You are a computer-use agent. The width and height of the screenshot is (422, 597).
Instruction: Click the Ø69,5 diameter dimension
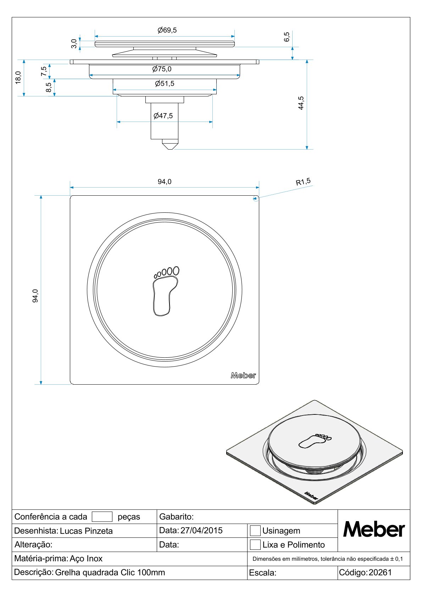coord(167,30)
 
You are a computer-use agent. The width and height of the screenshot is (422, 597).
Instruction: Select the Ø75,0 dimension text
coord(162,69)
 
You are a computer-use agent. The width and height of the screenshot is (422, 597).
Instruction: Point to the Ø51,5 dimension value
coord(165,84)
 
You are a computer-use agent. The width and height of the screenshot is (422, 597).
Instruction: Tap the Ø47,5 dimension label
coord(163,116)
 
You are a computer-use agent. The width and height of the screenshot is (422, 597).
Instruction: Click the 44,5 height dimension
coord(301,103)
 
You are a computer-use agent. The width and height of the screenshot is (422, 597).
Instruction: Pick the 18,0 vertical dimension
coord(18,77)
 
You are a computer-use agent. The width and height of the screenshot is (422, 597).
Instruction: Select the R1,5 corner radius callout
coord(303,182)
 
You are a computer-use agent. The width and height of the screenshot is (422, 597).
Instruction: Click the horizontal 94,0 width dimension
coord(165,182)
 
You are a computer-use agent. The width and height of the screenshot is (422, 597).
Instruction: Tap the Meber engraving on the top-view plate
coord(243,375)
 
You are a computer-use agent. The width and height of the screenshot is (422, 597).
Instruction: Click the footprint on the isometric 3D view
coord(314,441)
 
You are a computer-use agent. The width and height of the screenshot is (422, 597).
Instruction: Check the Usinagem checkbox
coord(255,531)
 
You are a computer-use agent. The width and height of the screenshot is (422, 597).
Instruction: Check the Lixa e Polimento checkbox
coord(255,545)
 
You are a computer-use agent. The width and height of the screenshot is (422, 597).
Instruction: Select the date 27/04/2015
coord(201,530)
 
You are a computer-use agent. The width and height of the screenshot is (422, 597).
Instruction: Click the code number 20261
coord(380,573)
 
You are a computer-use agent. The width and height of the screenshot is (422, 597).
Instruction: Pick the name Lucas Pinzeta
coord(86,531)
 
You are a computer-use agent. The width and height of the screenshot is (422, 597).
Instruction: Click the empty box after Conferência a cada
coord(102,517)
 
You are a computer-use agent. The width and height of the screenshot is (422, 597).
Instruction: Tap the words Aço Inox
coord(86,559)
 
